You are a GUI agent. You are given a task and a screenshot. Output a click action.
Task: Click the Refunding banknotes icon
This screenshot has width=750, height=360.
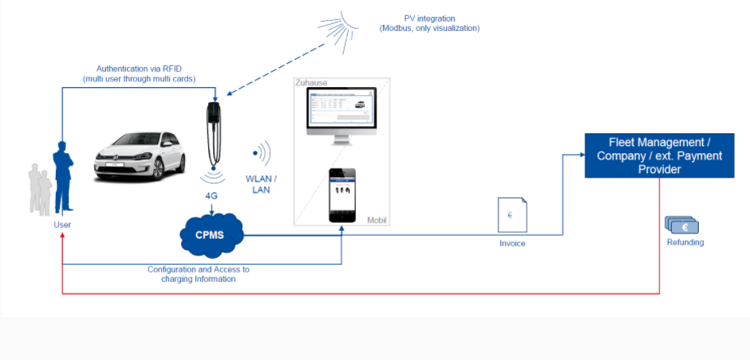(681, 227)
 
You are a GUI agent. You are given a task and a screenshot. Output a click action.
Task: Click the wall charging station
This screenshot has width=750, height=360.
(213, 132)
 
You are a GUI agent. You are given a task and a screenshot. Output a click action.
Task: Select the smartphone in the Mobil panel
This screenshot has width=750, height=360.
(342, 196)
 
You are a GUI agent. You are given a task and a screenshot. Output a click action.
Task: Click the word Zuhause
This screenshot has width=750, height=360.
(311, 82)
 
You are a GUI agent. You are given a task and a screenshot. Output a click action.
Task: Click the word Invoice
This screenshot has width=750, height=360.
(512, 243)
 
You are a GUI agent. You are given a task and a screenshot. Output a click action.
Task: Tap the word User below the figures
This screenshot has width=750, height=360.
(62, 225)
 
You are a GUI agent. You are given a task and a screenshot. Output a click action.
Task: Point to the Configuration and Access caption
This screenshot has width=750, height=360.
(199, 274)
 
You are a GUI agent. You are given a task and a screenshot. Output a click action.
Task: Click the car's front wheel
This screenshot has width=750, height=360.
(169, 168)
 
